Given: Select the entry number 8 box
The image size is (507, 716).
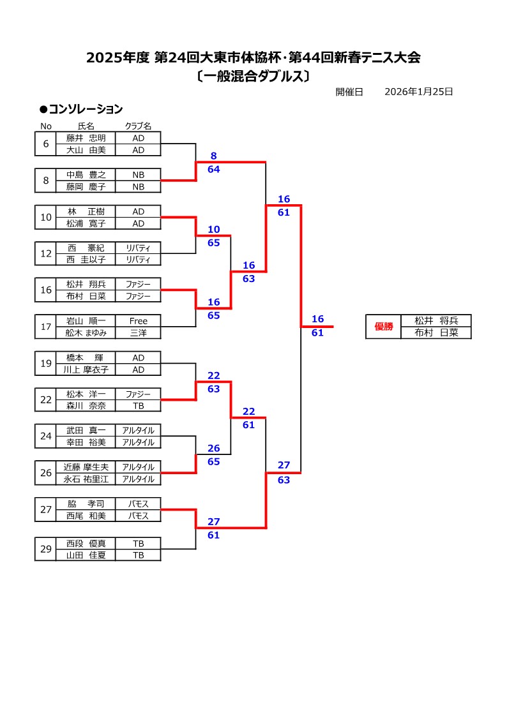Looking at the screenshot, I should click(x=46, y=181).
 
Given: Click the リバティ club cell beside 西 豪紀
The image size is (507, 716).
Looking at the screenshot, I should click(x=138, y=248).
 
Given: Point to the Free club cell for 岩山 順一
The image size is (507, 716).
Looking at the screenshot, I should click(x=138, y=321).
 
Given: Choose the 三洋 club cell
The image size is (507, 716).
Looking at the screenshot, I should click(x=138, y=333).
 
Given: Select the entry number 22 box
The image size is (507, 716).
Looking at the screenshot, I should click(x=46, y=400).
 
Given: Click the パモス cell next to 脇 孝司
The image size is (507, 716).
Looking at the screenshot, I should click(x=138, y=503).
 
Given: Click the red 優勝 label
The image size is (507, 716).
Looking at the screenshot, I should click(x=384, y=327).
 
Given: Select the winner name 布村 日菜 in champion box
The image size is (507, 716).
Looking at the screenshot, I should click(x=436, y=332).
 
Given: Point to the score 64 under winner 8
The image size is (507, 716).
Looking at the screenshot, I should click(x=214, y=169).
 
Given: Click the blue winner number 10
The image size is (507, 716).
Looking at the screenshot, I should click(x=214, y=229).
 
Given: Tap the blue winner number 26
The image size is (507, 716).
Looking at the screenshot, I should click(x=214, y=449).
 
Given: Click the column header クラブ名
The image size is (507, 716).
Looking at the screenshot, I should click(x=138, y=126).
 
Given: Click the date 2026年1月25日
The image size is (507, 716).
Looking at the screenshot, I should click(x=419, y=92).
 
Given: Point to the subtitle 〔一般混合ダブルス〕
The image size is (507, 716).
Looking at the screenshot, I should click(x=253, y=77).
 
